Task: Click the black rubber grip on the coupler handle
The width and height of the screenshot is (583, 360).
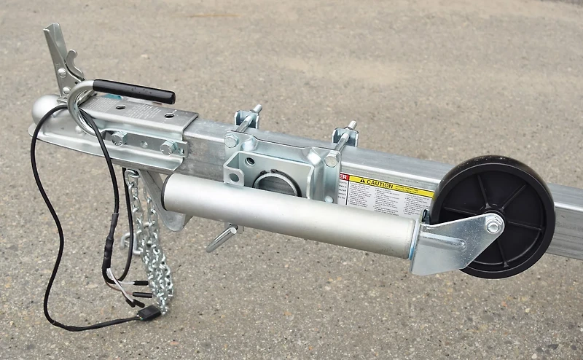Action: (x=135, y=91)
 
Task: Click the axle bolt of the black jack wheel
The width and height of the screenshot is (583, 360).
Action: (x=493, y=227)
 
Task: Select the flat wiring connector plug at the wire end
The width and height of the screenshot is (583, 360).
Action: (x=149, y=312)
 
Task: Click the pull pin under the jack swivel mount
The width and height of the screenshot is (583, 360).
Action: (x=222, y=238)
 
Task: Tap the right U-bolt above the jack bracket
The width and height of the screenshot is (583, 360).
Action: (x=345, y=134)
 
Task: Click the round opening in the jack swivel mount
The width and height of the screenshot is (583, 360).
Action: (x=276, y=183)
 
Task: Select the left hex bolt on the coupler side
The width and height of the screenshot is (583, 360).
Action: (x=117, y=138)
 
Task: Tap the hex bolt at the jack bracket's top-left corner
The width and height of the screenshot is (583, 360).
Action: (x=232, y=141)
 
